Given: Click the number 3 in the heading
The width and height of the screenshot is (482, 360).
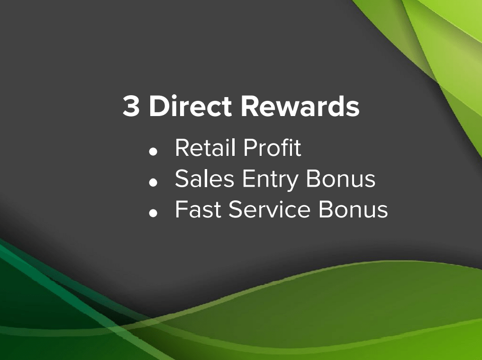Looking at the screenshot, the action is click(131, 106).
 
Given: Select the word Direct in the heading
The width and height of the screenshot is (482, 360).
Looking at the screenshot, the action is click(190, 106).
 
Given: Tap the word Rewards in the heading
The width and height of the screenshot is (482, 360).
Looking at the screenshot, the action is click(300, 106).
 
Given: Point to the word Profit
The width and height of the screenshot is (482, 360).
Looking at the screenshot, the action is click(272, 147).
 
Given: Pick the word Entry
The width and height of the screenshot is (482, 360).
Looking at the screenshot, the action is click(270, 180).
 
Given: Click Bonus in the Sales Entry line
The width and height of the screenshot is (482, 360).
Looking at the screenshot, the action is click(341, 179).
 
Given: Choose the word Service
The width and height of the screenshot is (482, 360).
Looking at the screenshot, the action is click(269, 209).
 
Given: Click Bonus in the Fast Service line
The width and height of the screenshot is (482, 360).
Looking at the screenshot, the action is click(353, 209).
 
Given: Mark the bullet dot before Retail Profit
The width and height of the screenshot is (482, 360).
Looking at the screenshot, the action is click(153, 152).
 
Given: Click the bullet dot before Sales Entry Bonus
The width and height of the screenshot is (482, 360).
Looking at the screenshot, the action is click(153, 182).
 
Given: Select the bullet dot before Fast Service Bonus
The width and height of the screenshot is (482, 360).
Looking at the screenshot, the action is click(153, 213).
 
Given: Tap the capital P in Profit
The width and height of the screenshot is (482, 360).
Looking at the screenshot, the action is click(251, 148).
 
